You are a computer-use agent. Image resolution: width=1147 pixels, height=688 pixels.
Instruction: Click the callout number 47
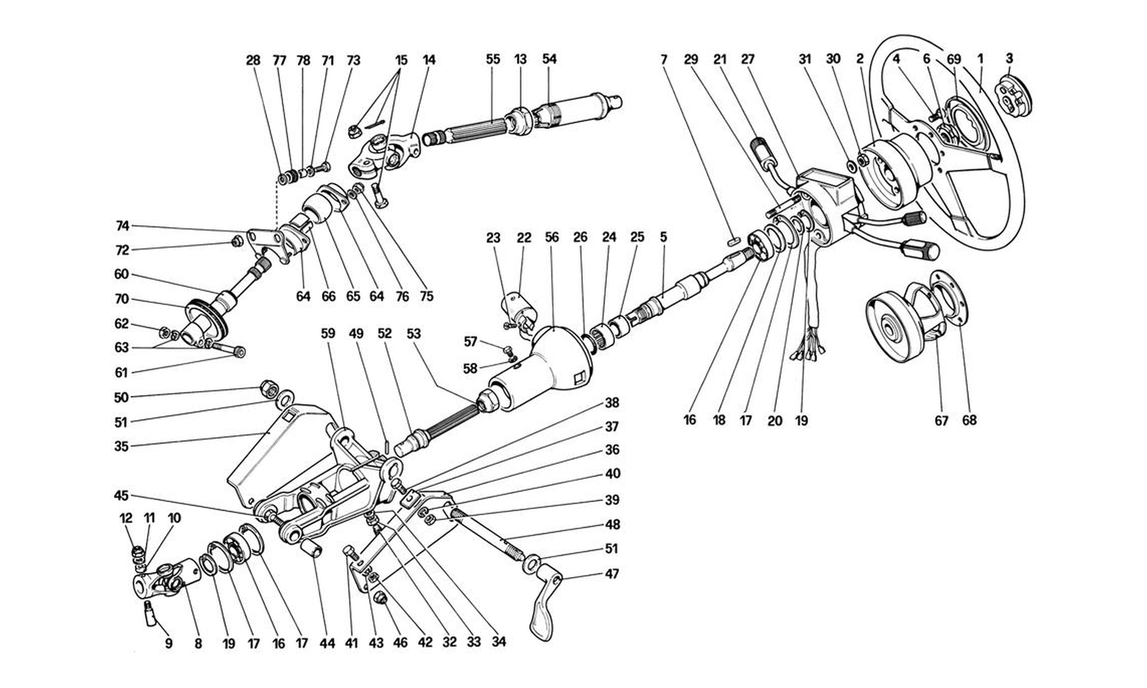pos(612,574)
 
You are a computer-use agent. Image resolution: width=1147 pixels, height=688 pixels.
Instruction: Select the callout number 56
pos(552,237)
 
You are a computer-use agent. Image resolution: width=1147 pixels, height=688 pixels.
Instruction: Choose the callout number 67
pos(941,421)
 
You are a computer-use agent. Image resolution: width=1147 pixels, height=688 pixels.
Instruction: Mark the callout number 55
pos(493,59)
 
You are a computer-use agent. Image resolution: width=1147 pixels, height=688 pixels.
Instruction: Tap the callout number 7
pos(664,59)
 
